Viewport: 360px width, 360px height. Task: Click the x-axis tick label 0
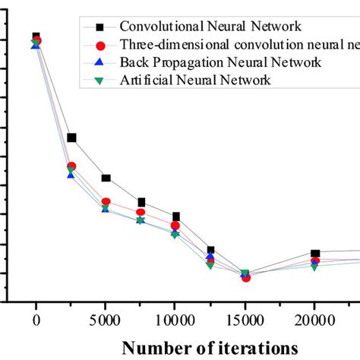click(36, 320)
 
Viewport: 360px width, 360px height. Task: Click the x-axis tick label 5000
click(106, 320)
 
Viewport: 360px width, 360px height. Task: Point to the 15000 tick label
click(245, 320)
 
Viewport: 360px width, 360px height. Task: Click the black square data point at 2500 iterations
click(71, 137)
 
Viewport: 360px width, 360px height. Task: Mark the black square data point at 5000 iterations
click(106, 178)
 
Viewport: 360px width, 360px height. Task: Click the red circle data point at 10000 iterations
click(175, 226)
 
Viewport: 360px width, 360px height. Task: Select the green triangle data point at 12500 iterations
click(210, 265)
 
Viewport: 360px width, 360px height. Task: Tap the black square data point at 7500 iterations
click(141, 202)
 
